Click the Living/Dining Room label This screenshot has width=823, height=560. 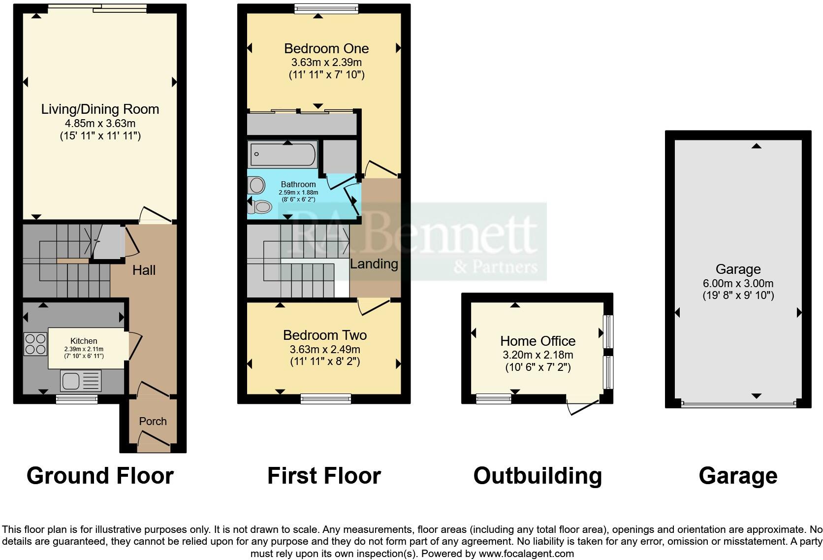pos(100,109)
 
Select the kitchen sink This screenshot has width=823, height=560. pos(81,380)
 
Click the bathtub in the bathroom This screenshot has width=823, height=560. pos(283,154)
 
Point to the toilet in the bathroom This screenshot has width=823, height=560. pos(260,207)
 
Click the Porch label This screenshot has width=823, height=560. pos(153,422)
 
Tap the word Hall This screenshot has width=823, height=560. pos(144,270)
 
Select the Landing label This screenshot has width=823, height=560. pos(374,264)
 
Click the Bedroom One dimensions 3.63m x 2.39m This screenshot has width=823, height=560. pos(326,63)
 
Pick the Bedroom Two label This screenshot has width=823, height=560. pos(325,335)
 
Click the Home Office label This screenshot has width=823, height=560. pos(538,341)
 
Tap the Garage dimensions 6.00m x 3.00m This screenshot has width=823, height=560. pos(738,284)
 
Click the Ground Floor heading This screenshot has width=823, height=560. pos(100,476)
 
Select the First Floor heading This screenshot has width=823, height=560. pos(324,476)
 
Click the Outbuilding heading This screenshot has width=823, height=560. pos(538,476)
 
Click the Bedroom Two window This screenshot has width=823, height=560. pos(326,398)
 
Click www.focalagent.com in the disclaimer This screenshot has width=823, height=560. pos(526,554)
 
